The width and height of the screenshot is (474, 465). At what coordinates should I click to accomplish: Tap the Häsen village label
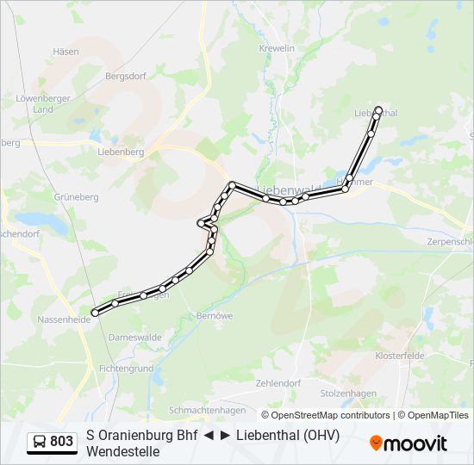[x=65, y=52]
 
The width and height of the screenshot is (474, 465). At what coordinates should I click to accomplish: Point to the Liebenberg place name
[x=120, y=152]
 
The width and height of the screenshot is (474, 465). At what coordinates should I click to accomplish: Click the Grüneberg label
[x=77, y=196]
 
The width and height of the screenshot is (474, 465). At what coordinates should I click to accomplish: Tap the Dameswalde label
[x=134, y=338]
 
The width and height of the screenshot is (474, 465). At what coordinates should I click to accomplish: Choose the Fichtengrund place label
[x=126, y=368]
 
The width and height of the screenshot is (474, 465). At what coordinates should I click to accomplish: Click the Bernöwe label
[x=215, y=316]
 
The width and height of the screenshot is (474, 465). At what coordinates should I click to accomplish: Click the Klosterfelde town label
[x=402, y=356]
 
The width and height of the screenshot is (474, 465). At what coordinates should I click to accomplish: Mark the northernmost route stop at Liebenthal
[x=378, y=110]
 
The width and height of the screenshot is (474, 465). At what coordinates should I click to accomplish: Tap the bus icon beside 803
[x=39, y=442]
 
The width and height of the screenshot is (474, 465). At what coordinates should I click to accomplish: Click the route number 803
[x=61, y=442]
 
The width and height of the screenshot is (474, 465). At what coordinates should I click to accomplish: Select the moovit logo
[x=409, y=443]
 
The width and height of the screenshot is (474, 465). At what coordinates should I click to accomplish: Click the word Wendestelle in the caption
[x=122, y=450]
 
